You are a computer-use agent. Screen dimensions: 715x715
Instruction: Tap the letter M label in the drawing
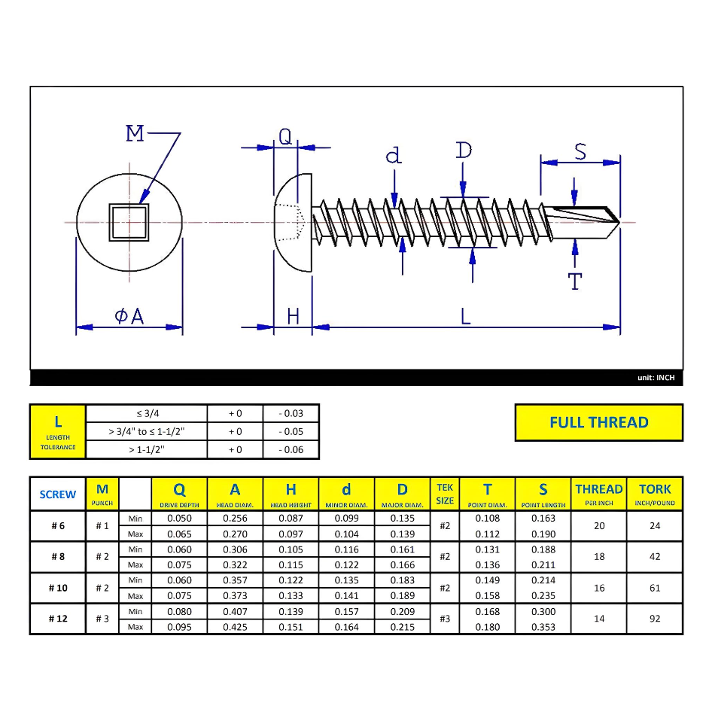135,134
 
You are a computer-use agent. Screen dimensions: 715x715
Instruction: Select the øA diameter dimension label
129,317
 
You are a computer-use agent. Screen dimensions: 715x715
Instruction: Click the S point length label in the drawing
580,152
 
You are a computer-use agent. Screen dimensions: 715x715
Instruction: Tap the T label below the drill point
575,281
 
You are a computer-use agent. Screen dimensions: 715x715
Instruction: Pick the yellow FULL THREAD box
598,422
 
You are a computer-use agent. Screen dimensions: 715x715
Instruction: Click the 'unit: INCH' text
656,378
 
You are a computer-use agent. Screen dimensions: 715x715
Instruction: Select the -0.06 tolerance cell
291,450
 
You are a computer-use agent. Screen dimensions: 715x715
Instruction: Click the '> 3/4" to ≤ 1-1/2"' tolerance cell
146,431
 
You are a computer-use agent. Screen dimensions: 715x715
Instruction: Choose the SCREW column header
58,494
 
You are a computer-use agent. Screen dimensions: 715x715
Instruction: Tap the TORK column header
655,494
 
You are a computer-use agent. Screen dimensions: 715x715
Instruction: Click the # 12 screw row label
58,619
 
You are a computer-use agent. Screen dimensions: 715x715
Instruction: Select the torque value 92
655,619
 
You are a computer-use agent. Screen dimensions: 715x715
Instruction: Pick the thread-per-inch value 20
599,525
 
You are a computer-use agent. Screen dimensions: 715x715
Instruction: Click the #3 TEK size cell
445,619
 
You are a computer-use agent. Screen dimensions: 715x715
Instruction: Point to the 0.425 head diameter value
235,627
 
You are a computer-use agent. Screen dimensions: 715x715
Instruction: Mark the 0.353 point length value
543,627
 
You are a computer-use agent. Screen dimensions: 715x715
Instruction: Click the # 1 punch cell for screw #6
102,525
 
